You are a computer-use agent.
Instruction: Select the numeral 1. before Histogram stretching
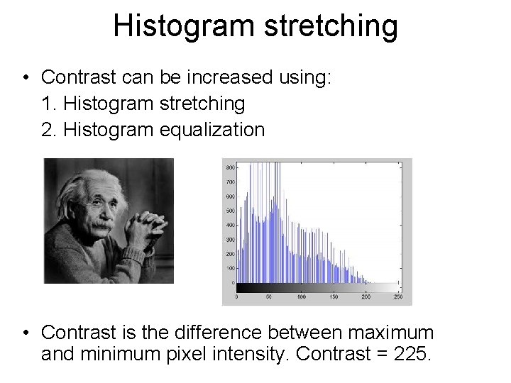pos(50,104)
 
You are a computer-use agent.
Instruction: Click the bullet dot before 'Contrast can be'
pos(26,77)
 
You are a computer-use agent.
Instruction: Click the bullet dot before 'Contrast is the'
pos(26,332)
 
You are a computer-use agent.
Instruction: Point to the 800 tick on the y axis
pos(230,167)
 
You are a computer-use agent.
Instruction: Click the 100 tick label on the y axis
pos(230,268)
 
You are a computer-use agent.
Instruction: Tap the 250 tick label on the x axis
pos(398,297)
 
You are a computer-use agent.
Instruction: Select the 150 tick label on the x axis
pos(334,297)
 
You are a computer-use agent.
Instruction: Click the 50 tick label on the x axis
pos(269,297)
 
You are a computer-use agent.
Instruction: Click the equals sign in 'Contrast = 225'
pos(377,354)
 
